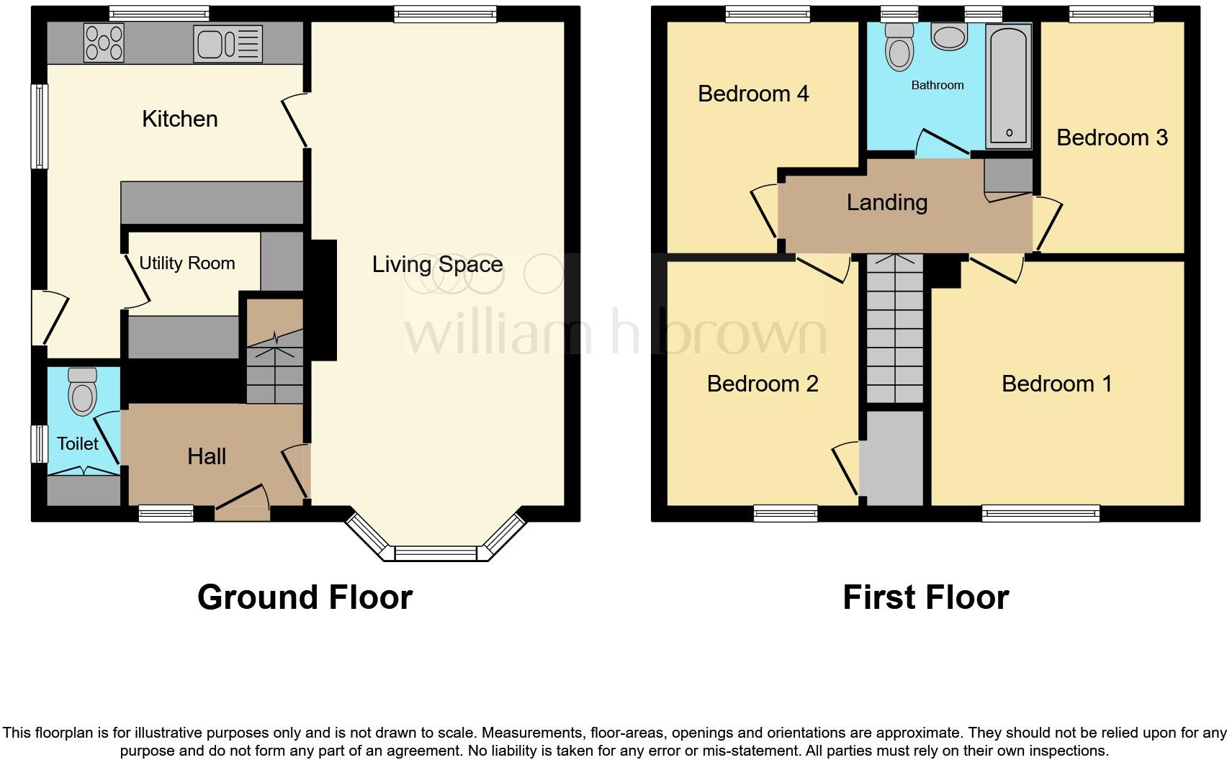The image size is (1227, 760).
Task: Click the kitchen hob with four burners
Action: [104, 42]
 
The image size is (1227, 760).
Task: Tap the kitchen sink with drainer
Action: [228, 43]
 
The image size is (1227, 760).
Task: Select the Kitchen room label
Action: [179, 119]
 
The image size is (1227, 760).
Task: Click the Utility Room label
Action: [186, 263]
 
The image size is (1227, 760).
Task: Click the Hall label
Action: [207, 456]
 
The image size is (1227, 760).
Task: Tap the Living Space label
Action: [437, 264]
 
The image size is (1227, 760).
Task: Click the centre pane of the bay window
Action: [436, 553]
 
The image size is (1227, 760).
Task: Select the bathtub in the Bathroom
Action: [1008, 85]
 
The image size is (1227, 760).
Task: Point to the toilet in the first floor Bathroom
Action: [899, 46]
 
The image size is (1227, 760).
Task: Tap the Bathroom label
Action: [937, 85]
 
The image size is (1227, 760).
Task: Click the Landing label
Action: [886, 202]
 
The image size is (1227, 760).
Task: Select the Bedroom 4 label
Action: [753, 94]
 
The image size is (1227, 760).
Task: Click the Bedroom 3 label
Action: [1111, 137]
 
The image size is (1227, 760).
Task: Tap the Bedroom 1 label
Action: [1056, 384]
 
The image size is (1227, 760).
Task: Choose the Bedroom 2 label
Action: [762, 384]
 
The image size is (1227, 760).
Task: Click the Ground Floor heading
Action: [305, 597]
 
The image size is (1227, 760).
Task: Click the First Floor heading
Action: [925, 597]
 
